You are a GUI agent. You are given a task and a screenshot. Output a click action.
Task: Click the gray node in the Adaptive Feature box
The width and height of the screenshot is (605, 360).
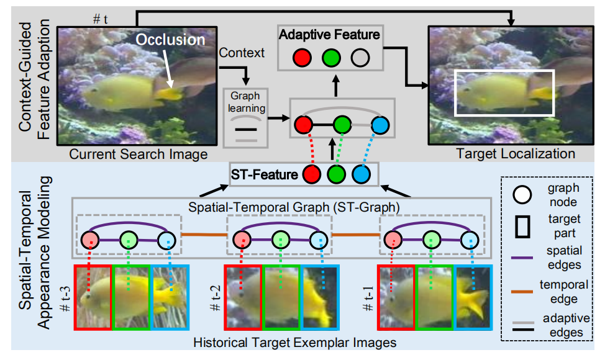360,59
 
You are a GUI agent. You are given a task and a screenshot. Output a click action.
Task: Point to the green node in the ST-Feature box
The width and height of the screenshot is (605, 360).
336,174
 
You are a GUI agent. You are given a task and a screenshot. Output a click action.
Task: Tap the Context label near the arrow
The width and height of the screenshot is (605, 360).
242,53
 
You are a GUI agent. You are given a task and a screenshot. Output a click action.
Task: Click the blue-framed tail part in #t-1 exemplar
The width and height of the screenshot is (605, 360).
473,295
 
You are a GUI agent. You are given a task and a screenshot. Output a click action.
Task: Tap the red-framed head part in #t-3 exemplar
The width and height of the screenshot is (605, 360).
93,295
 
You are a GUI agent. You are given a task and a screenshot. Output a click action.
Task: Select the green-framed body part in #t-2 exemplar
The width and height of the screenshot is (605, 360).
281,295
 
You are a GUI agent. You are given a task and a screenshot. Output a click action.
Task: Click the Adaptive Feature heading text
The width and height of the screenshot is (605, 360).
329,35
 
